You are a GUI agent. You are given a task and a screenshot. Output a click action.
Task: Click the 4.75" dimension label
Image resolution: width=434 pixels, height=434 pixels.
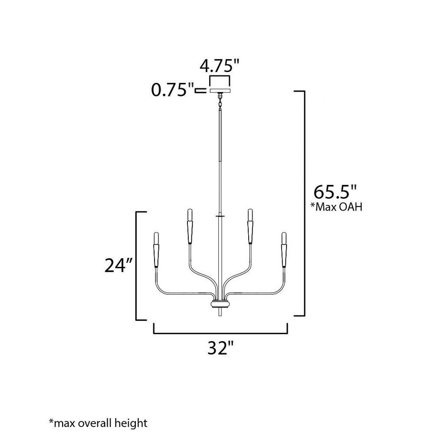219,66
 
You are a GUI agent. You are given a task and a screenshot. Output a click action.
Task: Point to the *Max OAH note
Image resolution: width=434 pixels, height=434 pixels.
336,207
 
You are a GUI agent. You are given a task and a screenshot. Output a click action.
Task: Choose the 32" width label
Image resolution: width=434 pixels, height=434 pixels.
220,348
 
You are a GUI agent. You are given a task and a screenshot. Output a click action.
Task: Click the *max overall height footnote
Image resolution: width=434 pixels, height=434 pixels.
98,423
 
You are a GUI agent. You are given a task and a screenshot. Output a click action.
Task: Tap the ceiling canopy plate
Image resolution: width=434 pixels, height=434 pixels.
220,91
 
